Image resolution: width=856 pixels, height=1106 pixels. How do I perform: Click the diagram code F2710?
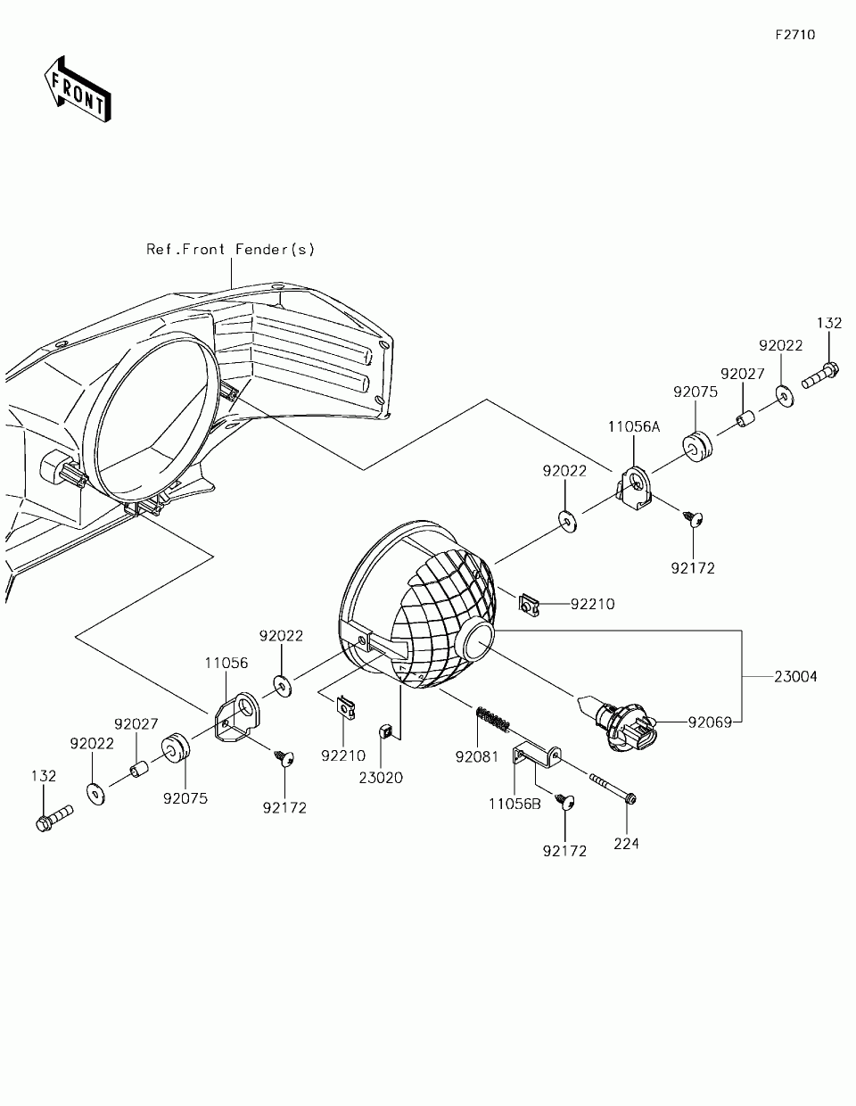pyautogui.click(x=794, y=36)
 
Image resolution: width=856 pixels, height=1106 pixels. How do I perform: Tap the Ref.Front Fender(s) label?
pyautogui.click(x=230, y=250)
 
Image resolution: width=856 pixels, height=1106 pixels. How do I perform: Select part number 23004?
pyautogui.click(x=794, y=677)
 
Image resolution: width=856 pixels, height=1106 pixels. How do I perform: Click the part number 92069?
pyautogui.click(x=709, y=722)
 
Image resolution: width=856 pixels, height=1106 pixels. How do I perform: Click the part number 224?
pyautogui.click(x=626, y=843)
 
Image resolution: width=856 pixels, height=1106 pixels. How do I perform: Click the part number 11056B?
pyautogui.click(x=514, y=803)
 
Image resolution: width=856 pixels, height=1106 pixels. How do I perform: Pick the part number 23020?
pyautogui.click(x=381, y=778)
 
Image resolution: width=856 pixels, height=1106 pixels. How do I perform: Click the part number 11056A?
pyautogui.click(x=634, y=427)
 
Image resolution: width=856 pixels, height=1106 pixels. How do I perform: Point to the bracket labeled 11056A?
pyautogui.click(x=638, y=491)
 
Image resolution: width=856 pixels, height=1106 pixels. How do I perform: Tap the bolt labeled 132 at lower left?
pyautogui.click(x=53, y=819)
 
